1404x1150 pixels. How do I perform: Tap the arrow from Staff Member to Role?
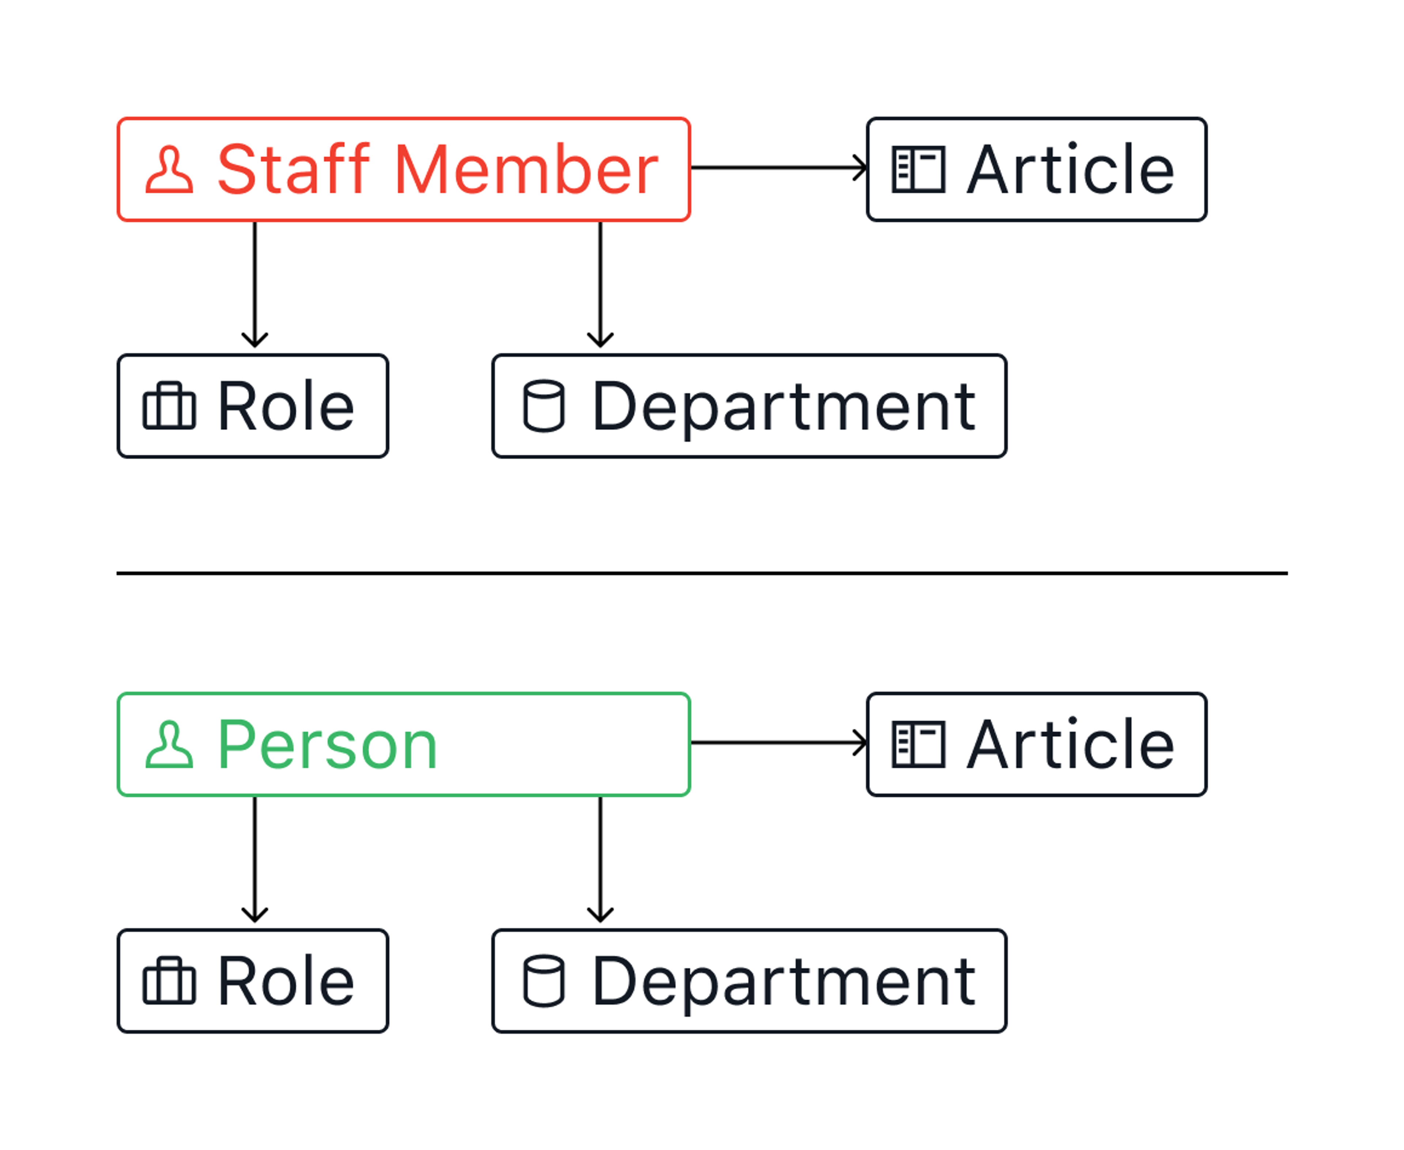pyautogui.click(x=255, y=285)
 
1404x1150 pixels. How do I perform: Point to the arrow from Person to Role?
pyautogui.click(x=255, y=860)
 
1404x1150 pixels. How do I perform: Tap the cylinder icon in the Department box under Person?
pyautogui.click(x=544, y=981)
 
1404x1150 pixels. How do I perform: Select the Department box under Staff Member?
pyautogui.click(x=749, y=406)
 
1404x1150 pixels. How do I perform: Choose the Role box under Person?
pyautogui.click(x=253, y=981)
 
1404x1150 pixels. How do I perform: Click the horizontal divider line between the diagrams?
pyautogui.click(x=702, y=573)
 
